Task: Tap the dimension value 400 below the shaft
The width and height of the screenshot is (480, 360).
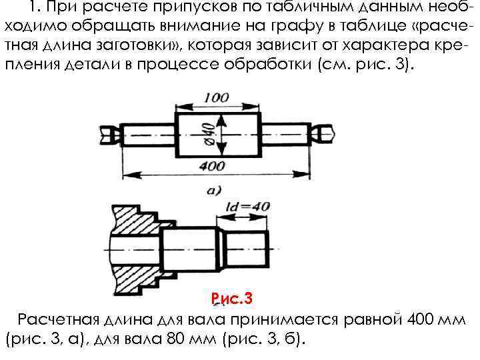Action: [212, 165]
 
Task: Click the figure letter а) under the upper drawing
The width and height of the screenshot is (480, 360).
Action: [214, 190]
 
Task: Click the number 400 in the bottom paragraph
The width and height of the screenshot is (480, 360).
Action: [420, 317]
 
